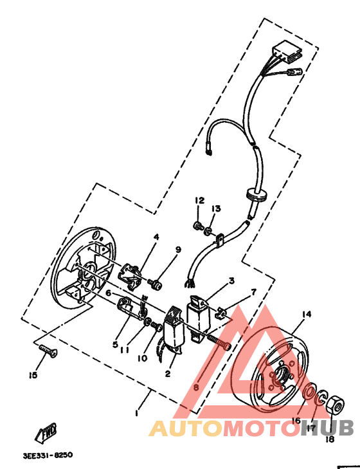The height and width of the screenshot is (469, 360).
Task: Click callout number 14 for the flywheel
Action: [x=307, y=314]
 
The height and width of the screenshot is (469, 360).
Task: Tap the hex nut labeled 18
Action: [x=332, y=407]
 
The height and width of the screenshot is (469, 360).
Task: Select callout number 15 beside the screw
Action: [x=33, y=374]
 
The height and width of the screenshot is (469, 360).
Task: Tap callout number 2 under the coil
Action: [x=168, y=373]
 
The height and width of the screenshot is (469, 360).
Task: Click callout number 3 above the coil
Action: [x=231, y=280]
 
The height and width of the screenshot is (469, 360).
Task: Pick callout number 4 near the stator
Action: [x=156, y=237]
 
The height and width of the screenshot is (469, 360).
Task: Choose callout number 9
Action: [x=178, y=250]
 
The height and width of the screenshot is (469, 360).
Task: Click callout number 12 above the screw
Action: [x=199, y=201]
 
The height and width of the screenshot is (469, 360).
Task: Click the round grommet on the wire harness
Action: [x=256, y=194]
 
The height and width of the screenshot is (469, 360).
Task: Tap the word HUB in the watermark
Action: [x=327, y=428]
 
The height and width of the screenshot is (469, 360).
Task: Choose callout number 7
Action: [x=253, y=292]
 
